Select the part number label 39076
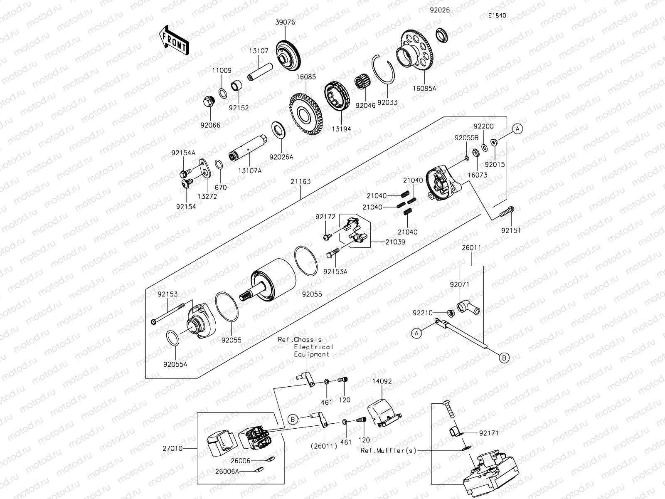[285, 22]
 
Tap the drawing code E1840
[497, 15]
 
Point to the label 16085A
[425, 88]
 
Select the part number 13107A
[250, 170]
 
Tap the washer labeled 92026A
[278, 130]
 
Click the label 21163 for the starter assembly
[300, 182]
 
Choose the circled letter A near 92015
[517, 129]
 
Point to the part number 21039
[395, 242]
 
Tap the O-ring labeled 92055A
[172, 338]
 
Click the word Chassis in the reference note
[307, 340]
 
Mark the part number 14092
[382, 381]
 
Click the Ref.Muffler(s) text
[388, 450]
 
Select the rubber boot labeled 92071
[467, 307]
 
